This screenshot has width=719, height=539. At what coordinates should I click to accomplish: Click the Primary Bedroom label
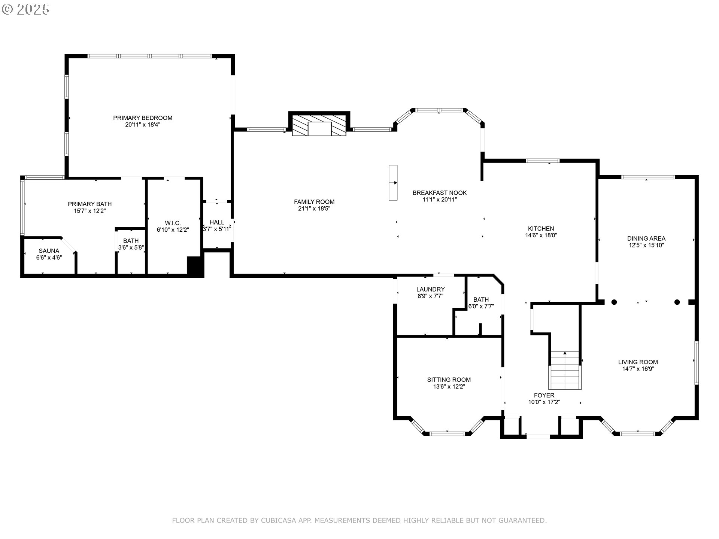(x=143, y=118)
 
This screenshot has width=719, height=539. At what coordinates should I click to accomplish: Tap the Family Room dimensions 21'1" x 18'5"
(x=314, y=208)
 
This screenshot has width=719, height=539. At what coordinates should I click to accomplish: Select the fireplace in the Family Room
(x=319, y=124)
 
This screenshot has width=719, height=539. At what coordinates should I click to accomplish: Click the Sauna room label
(x=49, y=251)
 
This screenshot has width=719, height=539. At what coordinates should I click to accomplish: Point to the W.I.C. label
(x=173, y=223)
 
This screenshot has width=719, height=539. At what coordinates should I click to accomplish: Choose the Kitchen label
(x=541, y=229)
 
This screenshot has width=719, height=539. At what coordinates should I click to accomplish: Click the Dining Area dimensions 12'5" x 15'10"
(x=646, y=245)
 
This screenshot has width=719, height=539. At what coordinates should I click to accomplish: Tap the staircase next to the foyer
(x=565, y=371)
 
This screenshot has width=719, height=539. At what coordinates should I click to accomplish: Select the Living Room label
(x=638, y=362)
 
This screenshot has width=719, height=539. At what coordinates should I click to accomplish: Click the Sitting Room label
(x=449, y=380)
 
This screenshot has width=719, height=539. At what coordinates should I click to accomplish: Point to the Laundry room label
(x=431, y=289)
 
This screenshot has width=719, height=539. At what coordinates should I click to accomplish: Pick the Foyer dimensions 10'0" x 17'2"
(x=544, y=402)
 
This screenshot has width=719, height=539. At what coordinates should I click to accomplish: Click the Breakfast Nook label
(x=440, y=193)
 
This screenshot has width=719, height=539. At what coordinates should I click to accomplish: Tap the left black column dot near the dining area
(x=614, y=302)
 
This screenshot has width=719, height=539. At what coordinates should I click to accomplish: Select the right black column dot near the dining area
(x=677, y=302)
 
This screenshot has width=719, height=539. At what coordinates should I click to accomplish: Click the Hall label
(x=217, y=222)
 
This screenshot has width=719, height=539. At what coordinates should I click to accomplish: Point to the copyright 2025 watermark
(x=25, y=9)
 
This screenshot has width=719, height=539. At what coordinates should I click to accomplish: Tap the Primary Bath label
(x=90, y=204)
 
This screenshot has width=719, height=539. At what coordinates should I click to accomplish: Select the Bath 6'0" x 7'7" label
(x=481, y=303)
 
